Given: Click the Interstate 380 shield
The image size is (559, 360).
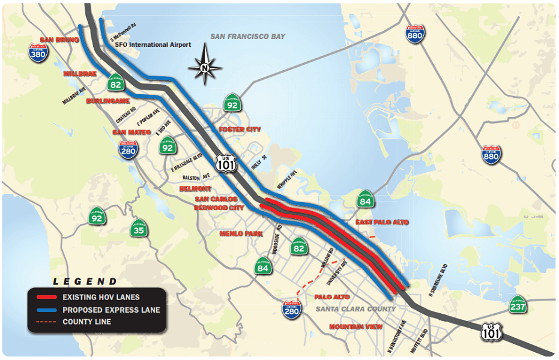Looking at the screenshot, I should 38,53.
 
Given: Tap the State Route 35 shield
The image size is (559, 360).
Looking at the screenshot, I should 139,227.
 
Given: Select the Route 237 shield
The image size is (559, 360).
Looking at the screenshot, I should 518,305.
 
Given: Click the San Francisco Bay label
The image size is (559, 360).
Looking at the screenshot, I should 247,37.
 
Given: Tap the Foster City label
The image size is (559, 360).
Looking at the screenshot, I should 240,130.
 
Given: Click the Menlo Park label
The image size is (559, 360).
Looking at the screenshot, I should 241,233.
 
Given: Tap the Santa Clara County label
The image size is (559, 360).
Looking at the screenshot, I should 355,309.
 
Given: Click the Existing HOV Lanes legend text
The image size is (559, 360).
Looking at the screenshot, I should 101,298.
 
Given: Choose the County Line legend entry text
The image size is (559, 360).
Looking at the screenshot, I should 86,322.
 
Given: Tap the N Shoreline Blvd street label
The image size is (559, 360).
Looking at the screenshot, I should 440,277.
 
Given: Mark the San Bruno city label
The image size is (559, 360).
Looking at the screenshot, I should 59,40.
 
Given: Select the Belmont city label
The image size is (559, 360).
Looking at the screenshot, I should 195,188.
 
